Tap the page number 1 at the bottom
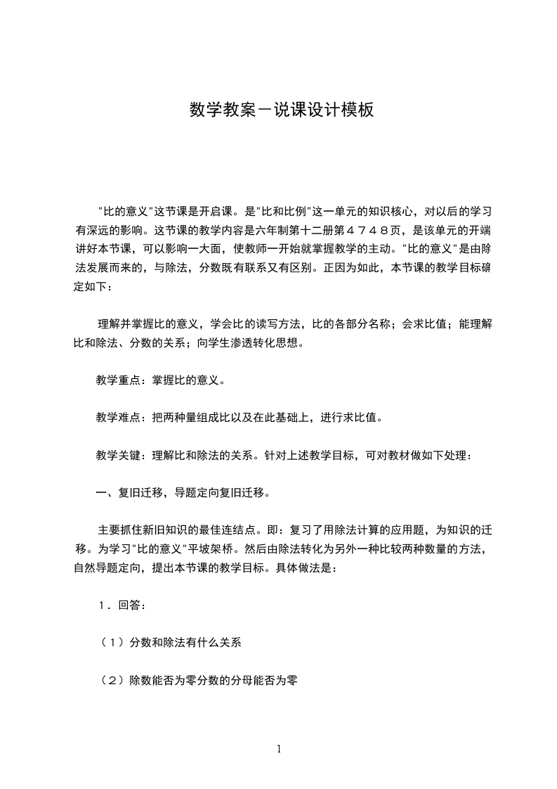point(279,749)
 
